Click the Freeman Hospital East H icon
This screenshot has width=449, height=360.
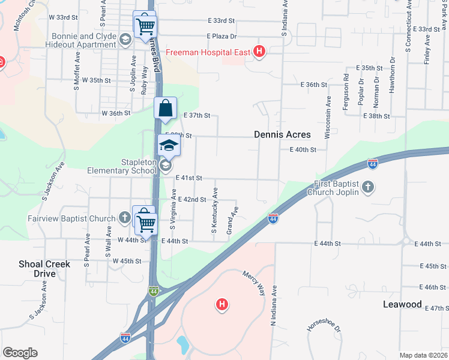259,52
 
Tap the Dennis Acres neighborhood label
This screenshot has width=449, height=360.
282,135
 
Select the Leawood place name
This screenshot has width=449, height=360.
402,304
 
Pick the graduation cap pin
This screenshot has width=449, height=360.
169,146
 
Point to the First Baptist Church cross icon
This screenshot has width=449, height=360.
368,188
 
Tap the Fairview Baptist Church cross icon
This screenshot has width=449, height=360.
124,218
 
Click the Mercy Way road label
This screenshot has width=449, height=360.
253,281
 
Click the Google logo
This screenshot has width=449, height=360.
20,353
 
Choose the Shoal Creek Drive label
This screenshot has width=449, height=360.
44,269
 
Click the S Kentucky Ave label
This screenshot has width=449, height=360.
214,209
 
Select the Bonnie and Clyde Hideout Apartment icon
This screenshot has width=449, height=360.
125,40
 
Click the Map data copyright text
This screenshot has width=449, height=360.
423,355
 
